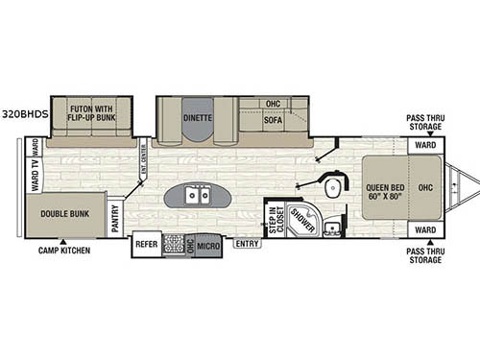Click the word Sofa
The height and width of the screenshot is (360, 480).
273,121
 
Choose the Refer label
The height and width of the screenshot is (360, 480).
146,245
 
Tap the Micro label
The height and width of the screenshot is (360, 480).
210,246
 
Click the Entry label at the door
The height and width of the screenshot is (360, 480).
247,244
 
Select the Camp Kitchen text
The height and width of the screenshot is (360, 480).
62,252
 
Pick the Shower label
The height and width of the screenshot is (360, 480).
302,220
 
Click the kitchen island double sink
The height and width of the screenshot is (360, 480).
197,197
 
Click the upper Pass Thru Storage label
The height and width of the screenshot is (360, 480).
423,121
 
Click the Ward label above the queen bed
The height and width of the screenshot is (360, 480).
423,146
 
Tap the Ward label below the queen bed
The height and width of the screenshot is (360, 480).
423,230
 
